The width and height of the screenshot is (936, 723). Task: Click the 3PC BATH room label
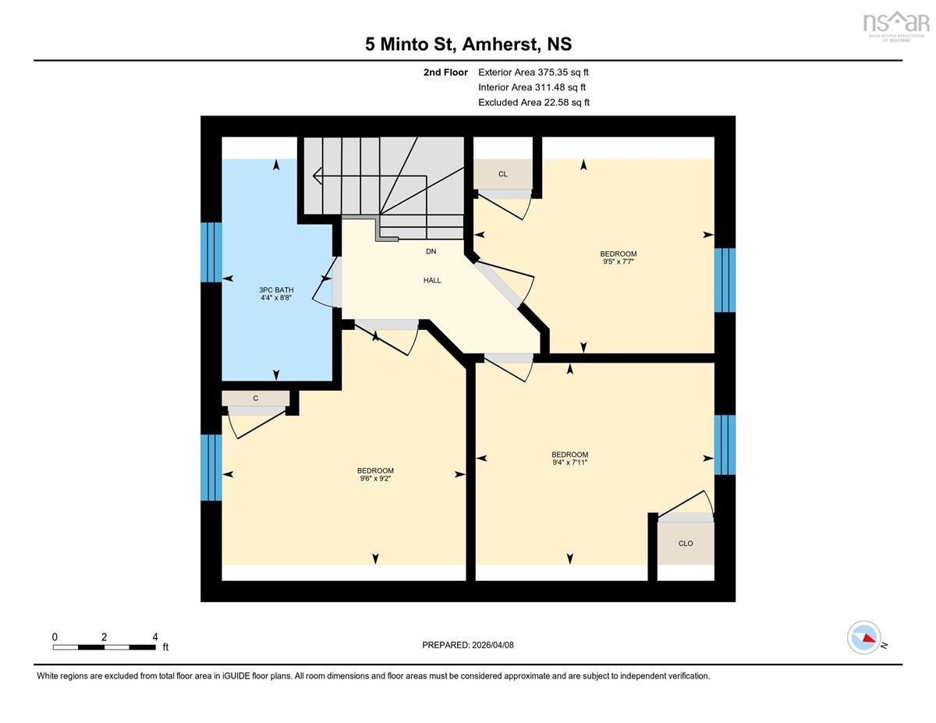pyautogui.click(x=276, y=290)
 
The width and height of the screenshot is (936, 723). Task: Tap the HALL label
pyautogui.click(x=432, y=280)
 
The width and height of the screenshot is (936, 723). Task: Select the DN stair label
pyautogui.click(x=431, y=251)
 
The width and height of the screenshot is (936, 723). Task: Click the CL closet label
pyautogui.click(x=502, y=174)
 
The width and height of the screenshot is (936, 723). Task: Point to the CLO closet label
pyautogui.click(x=686, y=544)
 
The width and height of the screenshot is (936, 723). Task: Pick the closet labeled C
pyautogui.click(x=255, y=399)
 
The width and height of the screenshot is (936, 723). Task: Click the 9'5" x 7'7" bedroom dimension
pyautogui.click(x=618, y=261)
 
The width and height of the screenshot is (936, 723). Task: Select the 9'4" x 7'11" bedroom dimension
pyautogui.click(x=569, y=463)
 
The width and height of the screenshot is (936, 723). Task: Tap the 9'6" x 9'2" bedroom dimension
pyautogui.click(x=375, y=478)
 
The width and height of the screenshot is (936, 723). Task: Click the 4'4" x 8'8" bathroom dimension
pyautogui.click(x=276, y=298)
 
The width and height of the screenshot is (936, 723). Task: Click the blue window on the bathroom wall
pyautogui.click(x=211, y=253)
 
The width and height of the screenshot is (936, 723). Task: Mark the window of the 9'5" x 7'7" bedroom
pyautogui.click(x=725, y=280)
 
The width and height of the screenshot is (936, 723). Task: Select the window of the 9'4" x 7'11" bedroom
pyautogui.click(x=725, y=445)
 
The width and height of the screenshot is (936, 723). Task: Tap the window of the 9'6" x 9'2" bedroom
pyautogui.click(x=211, y=468)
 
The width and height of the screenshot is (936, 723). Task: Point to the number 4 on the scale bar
pyautogui.click(x=155, y=637)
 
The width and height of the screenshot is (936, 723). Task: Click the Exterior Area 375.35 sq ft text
pyautogui.click(x=534, y=73)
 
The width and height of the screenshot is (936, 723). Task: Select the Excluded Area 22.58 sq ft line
pyautogui.click(x=534, y=102)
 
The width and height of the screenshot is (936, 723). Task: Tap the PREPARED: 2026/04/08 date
pyautogui.click(x=468, y=645)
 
